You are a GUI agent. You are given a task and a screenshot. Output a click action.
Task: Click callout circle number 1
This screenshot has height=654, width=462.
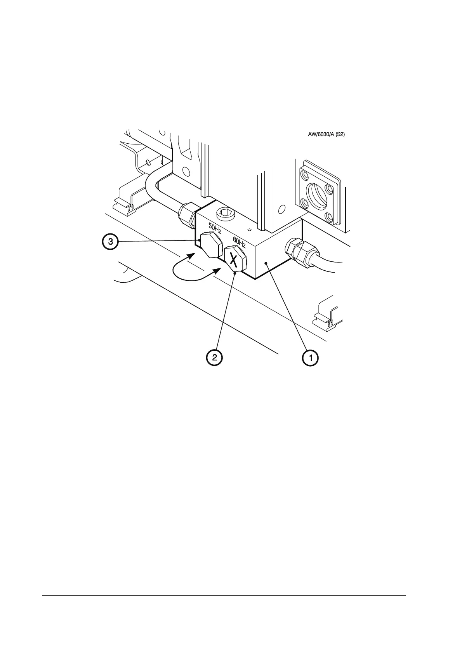pos(311,358)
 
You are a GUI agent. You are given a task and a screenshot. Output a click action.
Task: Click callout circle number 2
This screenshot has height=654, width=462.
pos(214,358)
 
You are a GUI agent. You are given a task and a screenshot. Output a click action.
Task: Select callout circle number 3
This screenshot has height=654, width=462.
pos(111,242)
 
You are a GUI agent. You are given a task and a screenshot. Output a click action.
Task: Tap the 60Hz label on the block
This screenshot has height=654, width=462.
pos(239,243)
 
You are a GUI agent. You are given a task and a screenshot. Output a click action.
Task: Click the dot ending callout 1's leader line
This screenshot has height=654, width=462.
pos(266,264)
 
